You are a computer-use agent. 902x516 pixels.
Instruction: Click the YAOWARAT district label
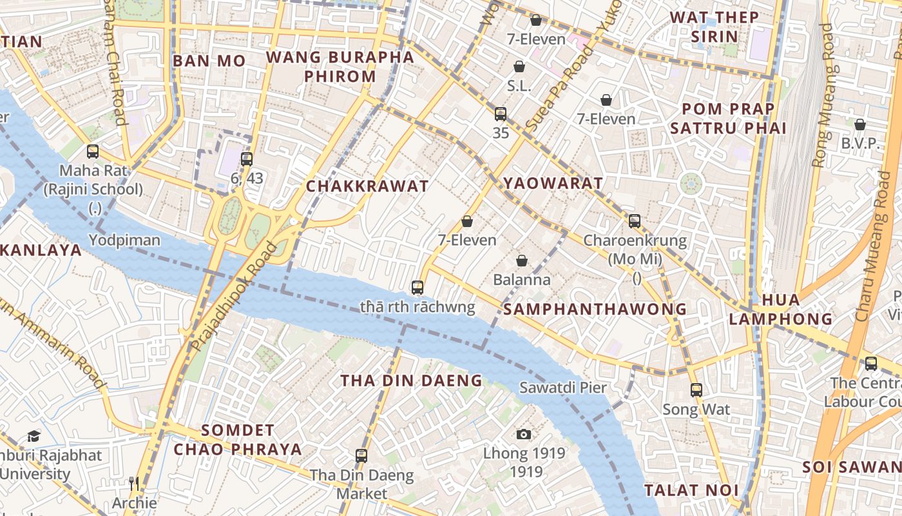pos(553,183)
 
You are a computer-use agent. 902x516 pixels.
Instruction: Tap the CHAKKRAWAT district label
pos(367,186)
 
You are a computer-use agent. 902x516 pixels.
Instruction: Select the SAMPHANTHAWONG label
pos(595,309)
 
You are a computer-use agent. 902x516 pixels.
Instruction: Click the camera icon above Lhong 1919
pos(524,434)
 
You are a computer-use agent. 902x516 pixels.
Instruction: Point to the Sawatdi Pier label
pos(563,388)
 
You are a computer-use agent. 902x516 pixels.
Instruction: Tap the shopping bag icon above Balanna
pos(522,261)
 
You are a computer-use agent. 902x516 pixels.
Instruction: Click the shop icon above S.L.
pos(519,66)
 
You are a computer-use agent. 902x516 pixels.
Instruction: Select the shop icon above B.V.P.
pos(860,124)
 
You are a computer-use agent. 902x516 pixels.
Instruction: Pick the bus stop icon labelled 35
pos(501,114)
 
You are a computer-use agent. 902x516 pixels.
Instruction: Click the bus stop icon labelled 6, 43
pos(247,159)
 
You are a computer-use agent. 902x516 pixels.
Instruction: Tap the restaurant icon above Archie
pos(134,483)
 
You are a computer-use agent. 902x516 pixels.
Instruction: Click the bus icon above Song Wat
pos(696,390)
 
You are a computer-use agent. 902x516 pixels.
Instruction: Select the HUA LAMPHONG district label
pos(781,309)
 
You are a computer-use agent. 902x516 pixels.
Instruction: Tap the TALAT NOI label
pos(691,490)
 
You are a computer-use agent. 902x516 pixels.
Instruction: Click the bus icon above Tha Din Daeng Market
pos(361,455)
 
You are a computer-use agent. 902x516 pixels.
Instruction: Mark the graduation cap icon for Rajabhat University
pos(34,436)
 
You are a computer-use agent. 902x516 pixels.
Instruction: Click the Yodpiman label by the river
pos(124,241)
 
